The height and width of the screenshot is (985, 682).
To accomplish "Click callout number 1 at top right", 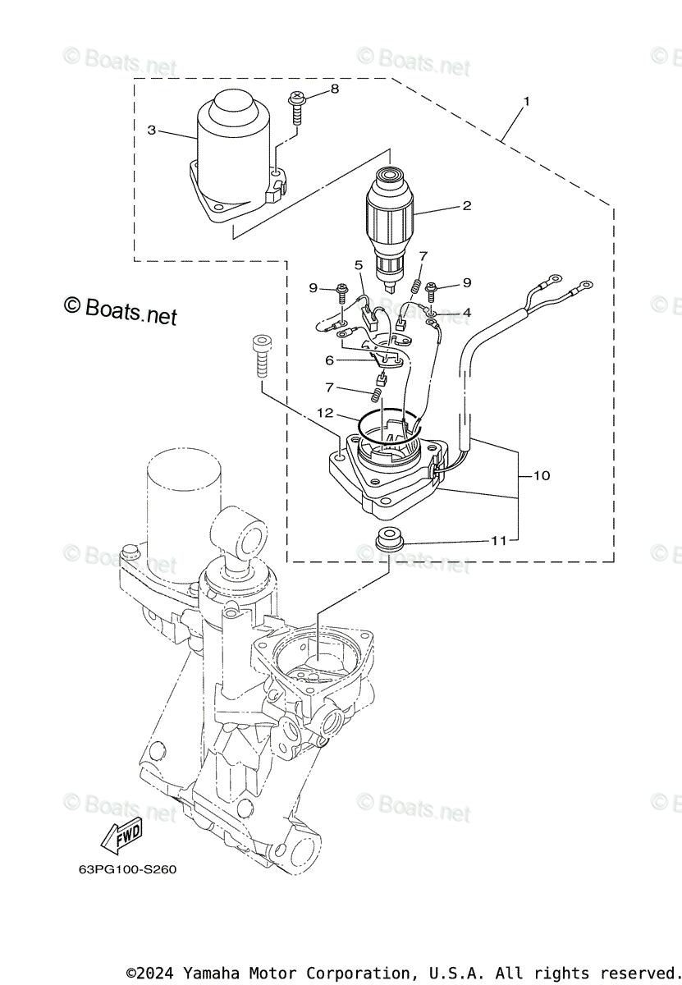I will pyautogui.click(x=526, y=102).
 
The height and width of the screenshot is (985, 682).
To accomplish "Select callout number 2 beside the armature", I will pyautogui.click(x=467, y=205).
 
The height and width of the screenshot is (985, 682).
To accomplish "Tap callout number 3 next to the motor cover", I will pyautogui.click(x=152, y=130).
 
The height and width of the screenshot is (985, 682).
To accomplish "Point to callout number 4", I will pyautogui.click(x=466, y=313).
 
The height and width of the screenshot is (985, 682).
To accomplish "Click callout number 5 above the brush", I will pyautogui.click(x=359, y=264).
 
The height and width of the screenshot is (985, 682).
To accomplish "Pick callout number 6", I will pyautogui.click(x=330, y=360).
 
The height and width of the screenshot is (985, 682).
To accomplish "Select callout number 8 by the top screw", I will pyautogui.click(x=334, y=89).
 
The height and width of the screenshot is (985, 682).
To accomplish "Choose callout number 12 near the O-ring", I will pyautogui.click(x=326, y=412).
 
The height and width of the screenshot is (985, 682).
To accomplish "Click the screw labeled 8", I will pyautogui.click(x=296, y=107).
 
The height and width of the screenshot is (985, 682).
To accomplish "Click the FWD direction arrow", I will pyautogui.click(x=121, y=835).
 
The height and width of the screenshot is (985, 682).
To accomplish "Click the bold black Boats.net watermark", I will pyautogui.click(x=121, y=309).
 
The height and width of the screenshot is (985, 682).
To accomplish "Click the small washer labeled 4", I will pyautogui.click(x=432, y=313).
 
